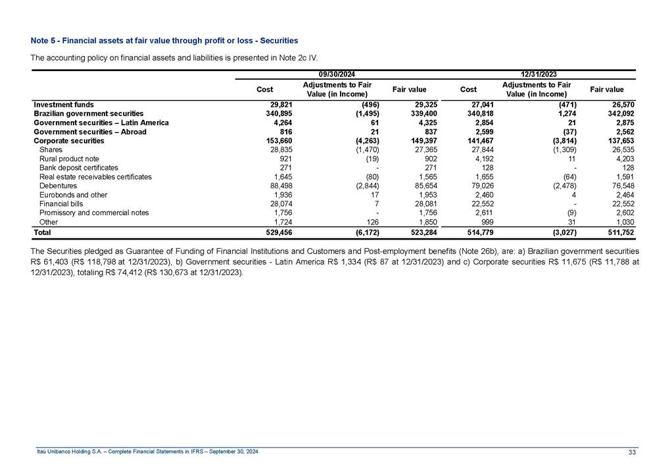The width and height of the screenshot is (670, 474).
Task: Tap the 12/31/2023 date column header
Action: point(538,74)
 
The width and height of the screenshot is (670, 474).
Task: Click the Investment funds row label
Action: point(63,105)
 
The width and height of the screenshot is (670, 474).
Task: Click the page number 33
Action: point(633,452)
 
